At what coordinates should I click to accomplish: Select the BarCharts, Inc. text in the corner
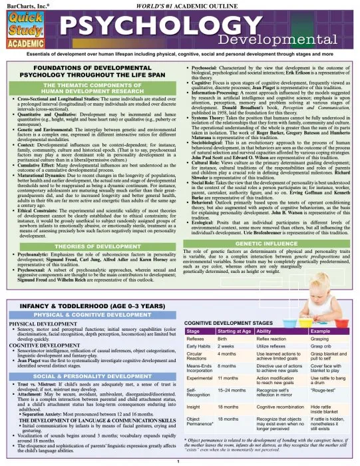click(x=25, y=5)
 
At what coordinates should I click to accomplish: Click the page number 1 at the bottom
click(x=180, y=461)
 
